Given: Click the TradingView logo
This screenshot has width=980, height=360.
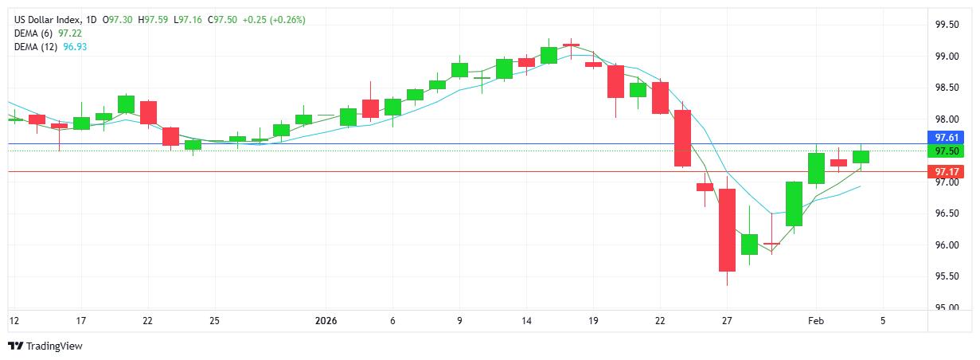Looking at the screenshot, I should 45,346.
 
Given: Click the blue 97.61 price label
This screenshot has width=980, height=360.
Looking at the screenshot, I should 949,138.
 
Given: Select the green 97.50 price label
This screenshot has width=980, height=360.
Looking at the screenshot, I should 949,151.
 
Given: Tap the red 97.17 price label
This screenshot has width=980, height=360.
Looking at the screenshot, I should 949,171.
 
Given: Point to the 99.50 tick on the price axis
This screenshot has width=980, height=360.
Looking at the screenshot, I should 947,25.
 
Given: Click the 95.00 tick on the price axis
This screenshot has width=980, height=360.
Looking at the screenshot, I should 947,307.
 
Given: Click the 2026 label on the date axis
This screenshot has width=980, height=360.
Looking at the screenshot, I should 326,321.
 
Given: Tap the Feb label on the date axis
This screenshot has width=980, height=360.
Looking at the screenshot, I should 816,321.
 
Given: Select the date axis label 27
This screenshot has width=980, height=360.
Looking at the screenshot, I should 727,321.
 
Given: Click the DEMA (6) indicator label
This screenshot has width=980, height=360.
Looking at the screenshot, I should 35,33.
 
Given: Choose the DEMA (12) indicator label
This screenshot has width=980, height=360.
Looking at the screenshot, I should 37,47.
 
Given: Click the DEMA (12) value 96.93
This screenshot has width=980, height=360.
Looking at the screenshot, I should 76,47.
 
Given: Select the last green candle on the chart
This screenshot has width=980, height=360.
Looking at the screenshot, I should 861,157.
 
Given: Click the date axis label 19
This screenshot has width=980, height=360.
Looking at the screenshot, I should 593,321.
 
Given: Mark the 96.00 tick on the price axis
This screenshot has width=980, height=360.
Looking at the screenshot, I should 947,245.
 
